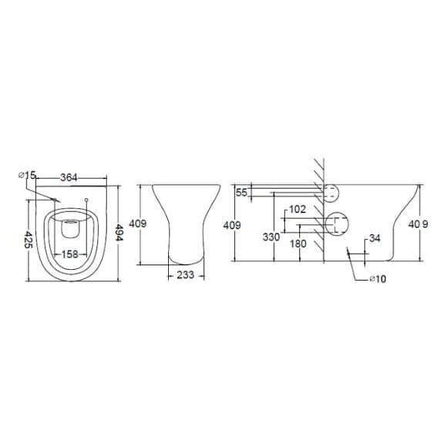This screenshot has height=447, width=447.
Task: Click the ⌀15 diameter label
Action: (25, 175)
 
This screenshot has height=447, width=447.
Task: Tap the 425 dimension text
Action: (28, 240)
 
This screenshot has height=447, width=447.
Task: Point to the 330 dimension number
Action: (272, 237)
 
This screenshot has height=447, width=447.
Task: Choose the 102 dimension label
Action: (295, 211)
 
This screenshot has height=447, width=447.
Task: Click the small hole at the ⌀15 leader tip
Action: (56, 201)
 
